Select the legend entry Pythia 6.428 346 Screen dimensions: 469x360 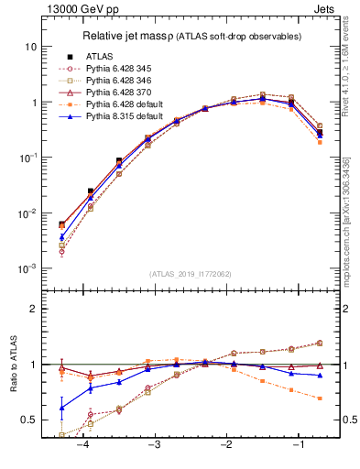click(x=115, y=80)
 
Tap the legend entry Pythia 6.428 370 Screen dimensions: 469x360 click(x=115, y=93)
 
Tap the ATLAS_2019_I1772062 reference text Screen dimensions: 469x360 click(x=191, y=274)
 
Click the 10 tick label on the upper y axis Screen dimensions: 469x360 click(x=31, y=47)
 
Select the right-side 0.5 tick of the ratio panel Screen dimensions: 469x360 click(x=348, y=420)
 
